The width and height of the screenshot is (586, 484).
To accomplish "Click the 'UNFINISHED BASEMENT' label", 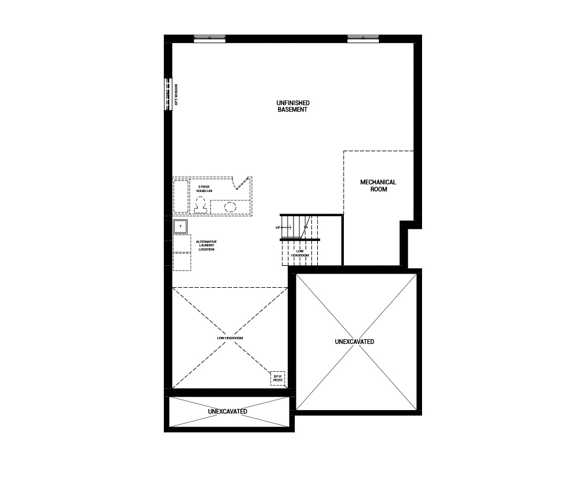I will [292, 106].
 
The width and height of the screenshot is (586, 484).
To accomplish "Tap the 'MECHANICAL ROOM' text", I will [378, 186].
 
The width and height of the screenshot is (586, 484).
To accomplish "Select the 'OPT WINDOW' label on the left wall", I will [176, 95].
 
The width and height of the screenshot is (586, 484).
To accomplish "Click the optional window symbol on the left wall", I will [168, 94].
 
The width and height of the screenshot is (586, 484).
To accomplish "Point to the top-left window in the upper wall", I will [210, 39].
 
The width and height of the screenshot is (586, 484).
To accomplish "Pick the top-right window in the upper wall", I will [363, 39].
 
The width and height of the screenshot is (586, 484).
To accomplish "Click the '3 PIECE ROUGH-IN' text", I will [204, 189].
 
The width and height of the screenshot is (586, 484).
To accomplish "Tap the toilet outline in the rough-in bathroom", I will [200, 204].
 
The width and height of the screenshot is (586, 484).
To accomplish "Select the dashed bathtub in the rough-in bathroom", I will [181, 196].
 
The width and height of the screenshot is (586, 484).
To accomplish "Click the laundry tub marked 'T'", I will [180, 226].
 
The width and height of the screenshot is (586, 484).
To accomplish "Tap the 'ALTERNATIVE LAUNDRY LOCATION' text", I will [207, 245].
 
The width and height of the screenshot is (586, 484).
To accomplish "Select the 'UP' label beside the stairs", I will [278, 228].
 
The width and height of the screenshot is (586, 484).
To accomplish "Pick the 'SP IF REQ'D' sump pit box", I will [278, 378].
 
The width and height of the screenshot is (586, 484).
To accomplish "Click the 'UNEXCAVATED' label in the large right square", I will [354, 342].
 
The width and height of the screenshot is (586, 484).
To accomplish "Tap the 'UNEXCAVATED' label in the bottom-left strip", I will [227, 411].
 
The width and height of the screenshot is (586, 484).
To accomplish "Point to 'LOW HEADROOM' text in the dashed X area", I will [230, 337].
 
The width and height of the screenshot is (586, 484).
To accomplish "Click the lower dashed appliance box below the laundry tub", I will [182, 261].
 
